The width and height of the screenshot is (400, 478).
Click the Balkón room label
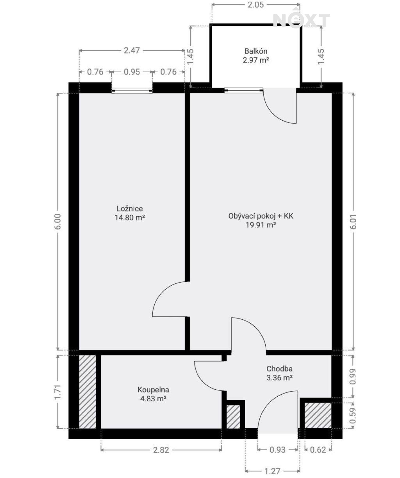[256, 51]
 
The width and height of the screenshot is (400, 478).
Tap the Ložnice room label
[130, 209]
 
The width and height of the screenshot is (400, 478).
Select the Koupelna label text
[153, 390]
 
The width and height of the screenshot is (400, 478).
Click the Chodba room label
[279, 369]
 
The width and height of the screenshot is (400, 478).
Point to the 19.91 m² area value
[261, 225]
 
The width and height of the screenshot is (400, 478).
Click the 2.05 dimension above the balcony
[255, 5]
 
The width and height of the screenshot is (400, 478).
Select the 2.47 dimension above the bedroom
[132, 50]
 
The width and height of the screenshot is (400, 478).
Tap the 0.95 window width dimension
[132, 72]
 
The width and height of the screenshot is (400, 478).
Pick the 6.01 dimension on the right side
[353, 221]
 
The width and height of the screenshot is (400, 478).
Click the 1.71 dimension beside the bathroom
[58, 392]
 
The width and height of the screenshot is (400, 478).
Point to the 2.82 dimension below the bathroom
[161, 450]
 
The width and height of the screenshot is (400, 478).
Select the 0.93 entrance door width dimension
[277, 450]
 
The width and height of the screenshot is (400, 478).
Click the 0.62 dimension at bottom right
[318, 450]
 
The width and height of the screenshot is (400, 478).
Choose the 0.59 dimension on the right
[353, 416]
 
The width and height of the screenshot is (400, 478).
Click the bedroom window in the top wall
[132, 91]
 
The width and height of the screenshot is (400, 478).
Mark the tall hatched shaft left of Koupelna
[87, 392]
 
